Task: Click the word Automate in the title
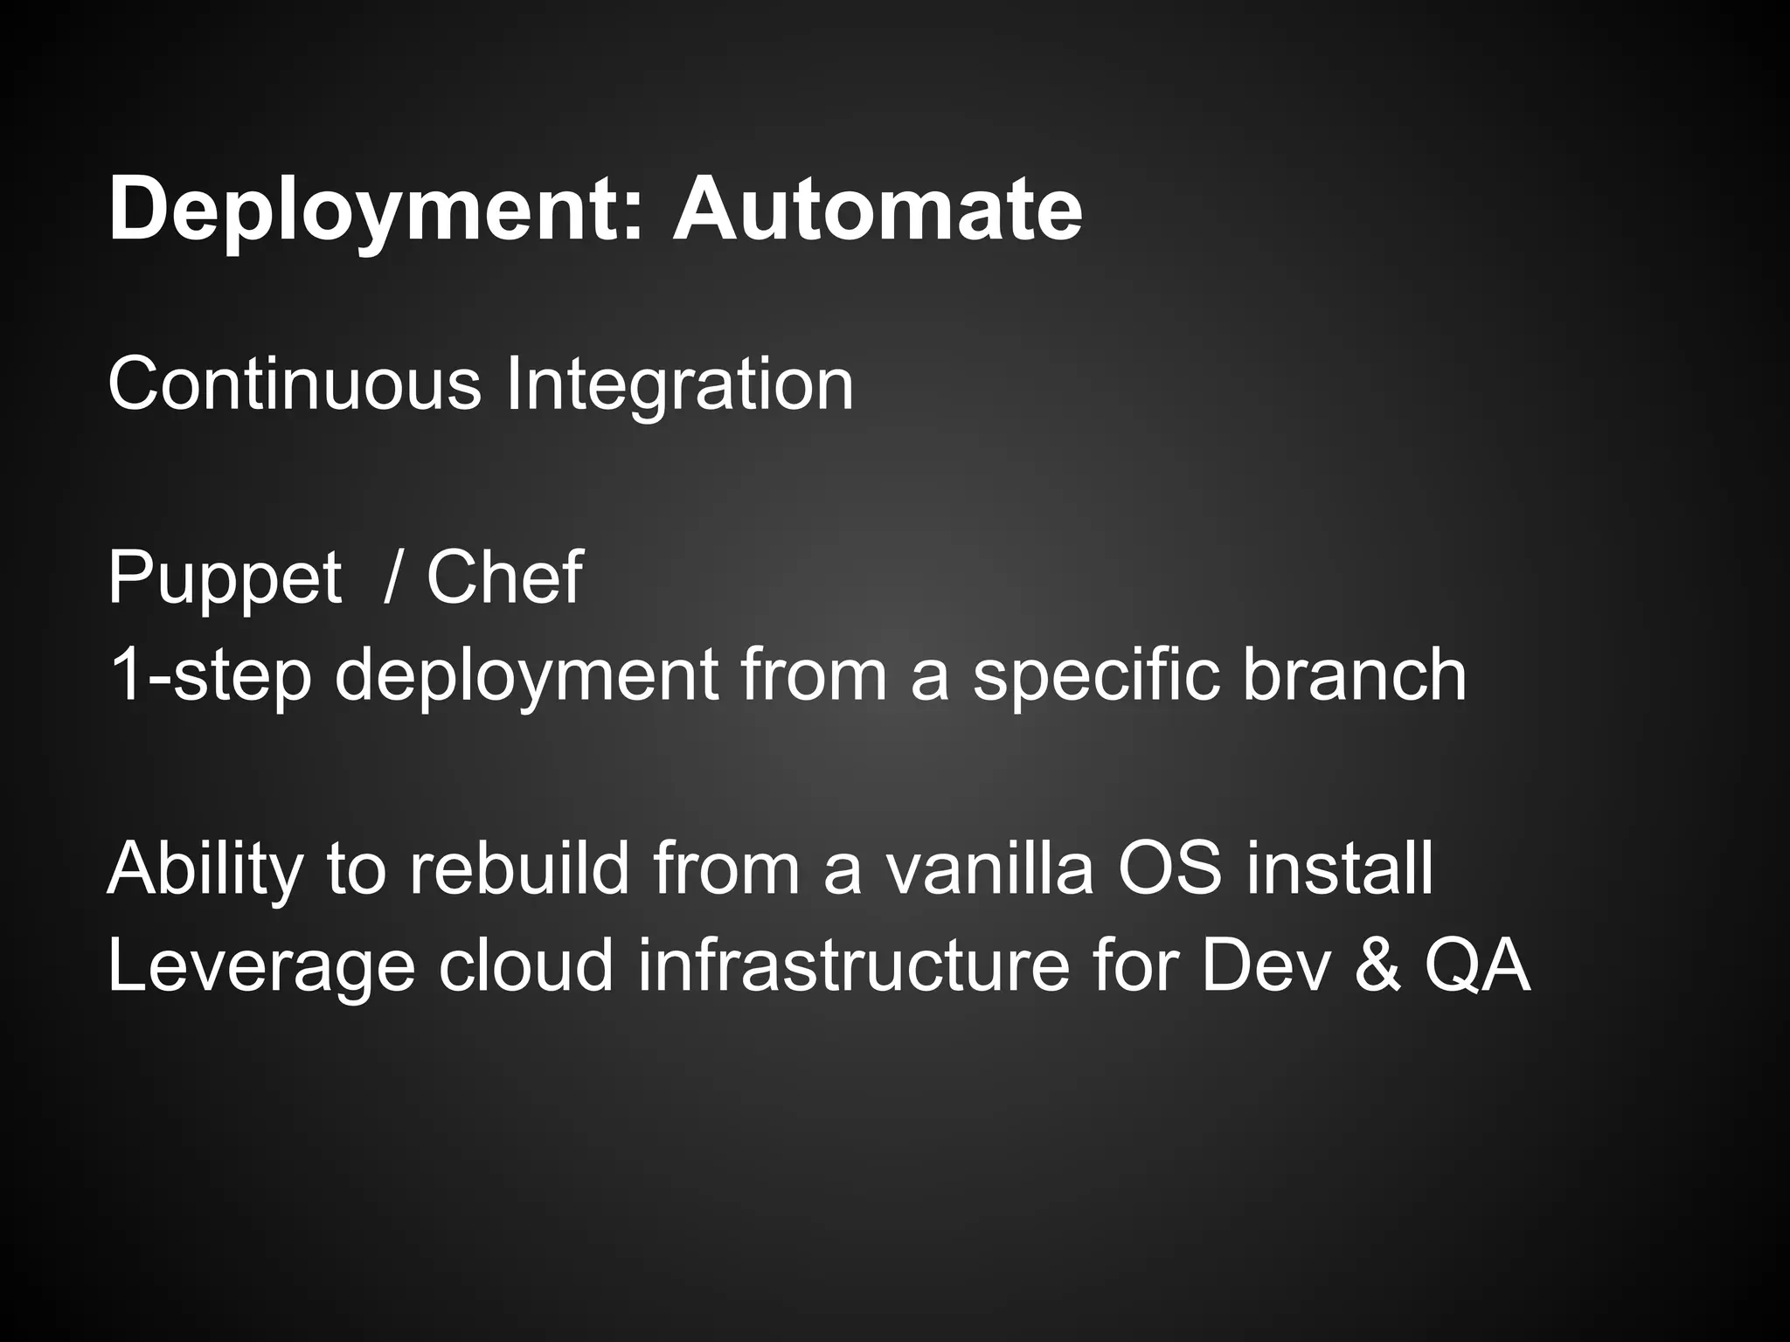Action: tap(877, 210)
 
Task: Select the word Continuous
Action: tap(295, 384)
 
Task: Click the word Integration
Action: tap(679, 385)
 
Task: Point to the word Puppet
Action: tap(225, 579)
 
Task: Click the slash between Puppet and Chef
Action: tap(392, 578)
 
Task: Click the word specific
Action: tap(1096, 674)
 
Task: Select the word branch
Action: tap(1354, 674)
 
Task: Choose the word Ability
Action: tap(205, 869)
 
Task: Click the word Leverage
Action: tap(261, 967)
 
